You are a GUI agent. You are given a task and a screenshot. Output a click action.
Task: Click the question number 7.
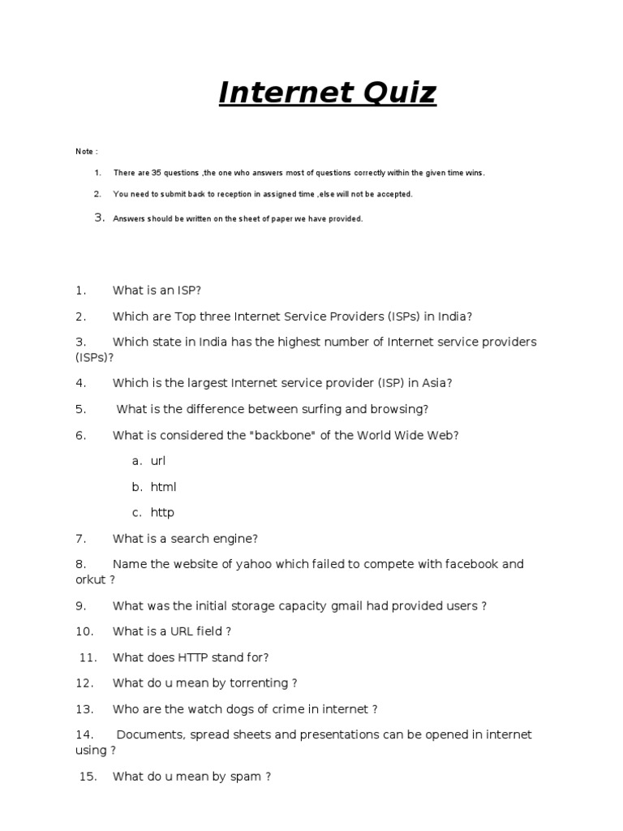80,538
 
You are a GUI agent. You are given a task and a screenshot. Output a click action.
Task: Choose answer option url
158,461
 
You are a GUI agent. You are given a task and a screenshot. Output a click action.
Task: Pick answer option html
163,487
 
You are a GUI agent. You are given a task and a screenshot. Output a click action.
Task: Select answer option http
162,512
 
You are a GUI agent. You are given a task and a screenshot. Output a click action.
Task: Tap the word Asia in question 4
434,383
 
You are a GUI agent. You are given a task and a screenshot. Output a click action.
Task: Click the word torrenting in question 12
259,683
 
